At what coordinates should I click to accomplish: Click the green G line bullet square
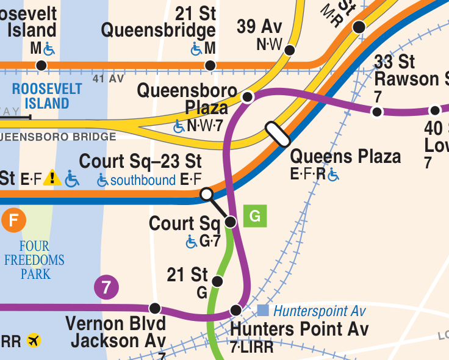click(255, 216)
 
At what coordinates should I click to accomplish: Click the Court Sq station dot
click(231, 221)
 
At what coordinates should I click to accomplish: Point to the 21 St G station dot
click(217, 281)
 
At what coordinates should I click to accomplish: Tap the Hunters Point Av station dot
click(236, 311)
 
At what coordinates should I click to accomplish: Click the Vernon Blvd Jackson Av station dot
click(155, 308)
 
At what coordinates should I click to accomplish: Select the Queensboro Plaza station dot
click(248, 97)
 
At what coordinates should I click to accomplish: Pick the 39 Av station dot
click(290, 50)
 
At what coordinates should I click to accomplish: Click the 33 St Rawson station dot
click(377, 111)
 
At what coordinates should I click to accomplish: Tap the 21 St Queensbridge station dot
click(210, 65)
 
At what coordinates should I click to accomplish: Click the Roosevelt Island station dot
click(41, 65)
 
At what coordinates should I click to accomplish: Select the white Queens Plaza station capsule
click(277, 134)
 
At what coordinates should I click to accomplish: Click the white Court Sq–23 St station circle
click(207, 194)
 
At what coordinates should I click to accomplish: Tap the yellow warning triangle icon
click(52, 178)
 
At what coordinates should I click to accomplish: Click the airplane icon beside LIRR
click(34, 340)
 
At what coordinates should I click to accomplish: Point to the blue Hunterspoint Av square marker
click(263, 311)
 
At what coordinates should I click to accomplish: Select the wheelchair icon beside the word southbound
click(102, 181)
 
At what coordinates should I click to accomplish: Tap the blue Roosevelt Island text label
click(46, 96)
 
